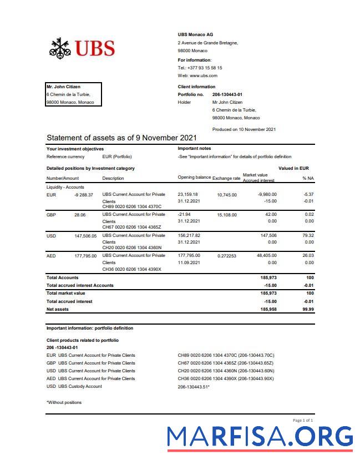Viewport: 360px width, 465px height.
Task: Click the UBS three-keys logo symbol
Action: [x=60, y=48]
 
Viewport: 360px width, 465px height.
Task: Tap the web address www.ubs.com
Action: [x=204, y=75]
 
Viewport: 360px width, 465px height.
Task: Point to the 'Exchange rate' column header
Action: [x=226, y=178]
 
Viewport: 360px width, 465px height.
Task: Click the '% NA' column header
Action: [x=308, y=178]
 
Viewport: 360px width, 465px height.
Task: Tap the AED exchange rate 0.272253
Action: [x=227, y=256]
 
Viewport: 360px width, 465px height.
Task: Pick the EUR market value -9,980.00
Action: [x=267, y=195]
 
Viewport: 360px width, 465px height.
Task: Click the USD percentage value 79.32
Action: [x=308, y=235]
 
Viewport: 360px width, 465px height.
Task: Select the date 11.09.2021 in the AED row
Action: [x=189, y=262]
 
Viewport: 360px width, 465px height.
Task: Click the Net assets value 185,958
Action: [x=268, y=309]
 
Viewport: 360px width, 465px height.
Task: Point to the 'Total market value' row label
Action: [x=65, y=293]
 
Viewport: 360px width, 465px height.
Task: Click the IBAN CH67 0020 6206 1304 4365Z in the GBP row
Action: [x=131, y=227]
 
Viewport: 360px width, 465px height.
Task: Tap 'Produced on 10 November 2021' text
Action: [x=244, y=129]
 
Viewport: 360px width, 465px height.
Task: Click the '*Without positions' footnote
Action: [x=64, y=402]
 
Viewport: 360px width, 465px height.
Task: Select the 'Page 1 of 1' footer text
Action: [x=303, y=421]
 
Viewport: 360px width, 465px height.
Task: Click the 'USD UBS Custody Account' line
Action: [x=74, y=386]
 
